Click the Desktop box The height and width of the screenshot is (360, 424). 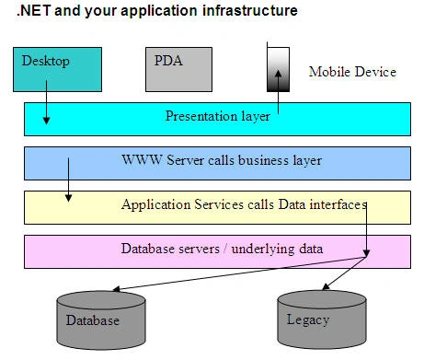coord(57,69)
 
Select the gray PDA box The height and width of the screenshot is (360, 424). coord(178,69)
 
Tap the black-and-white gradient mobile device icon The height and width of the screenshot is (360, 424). coord(278,69)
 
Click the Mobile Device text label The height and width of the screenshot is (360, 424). coord(352,72)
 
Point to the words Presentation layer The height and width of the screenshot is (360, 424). coord(218,116)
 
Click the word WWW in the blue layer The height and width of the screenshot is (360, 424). coord(142,160)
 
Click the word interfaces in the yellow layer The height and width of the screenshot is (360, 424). coord(338,204)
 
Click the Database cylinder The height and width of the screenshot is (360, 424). coord(101,320)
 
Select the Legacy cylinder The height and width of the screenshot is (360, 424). coord(322,319)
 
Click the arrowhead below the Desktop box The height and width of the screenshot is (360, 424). coord(46,121)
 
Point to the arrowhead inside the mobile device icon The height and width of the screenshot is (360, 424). coord(278,75)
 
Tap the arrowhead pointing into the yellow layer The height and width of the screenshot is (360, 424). coord(69,198)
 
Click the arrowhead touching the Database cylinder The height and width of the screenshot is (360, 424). coord(117,289)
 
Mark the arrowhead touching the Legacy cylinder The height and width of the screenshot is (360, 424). coord(326,286)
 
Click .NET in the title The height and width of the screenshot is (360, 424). coord(34,11)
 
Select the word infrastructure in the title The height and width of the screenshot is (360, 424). coord(250,11)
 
